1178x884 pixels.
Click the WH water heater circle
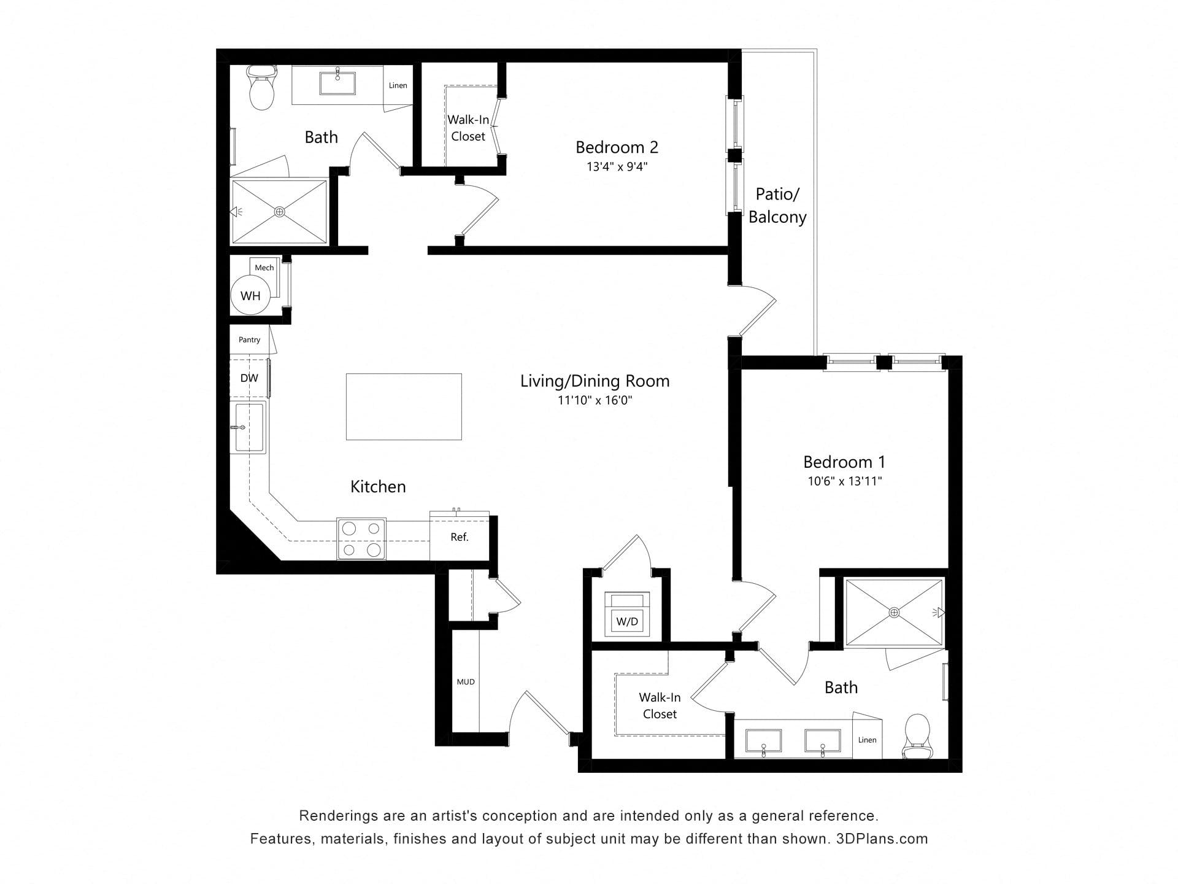(250, 296)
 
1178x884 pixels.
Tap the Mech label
(264, 268)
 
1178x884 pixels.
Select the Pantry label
(249, 339)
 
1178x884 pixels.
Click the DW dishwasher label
(249, 378)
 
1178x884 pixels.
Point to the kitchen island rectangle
(404, 406)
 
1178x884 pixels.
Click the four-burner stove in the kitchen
(361, 539)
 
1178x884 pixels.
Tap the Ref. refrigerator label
(460, 537)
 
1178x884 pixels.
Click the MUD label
(466, 681)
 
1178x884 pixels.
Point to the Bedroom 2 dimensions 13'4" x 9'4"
(617, 166)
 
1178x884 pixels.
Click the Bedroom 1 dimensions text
(845, 481)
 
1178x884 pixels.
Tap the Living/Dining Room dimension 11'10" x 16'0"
(595, 400)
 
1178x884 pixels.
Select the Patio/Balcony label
(777, 206)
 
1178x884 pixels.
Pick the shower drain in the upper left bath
(280, 212)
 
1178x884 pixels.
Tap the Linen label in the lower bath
(867, 740)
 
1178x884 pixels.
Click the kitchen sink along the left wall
(248, 427)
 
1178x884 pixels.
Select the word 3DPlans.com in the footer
(882, 839)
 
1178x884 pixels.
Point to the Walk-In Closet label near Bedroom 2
(468, 128)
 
